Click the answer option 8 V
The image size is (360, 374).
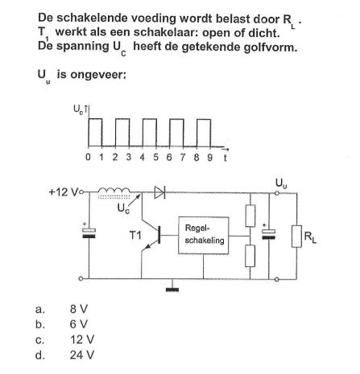79,309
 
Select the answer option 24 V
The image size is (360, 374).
82,355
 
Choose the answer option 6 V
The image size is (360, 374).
79,324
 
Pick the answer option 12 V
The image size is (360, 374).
82,339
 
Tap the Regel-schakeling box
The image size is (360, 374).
204,235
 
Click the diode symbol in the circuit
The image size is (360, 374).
159,192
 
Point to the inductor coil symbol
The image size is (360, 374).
114,191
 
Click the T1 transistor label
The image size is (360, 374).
135,236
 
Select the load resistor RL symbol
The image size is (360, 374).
296,236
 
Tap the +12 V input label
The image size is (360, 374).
63,192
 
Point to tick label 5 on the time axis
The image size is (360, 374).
155,157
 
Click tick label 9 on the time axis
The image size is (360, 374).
209,157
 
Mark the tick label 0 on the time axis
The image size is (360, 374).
88,157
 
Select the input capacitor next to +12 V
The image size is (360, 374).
89,232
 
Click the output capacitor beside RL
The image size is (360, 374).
268,234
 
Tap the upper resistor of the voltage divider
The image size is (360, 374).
250,216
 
